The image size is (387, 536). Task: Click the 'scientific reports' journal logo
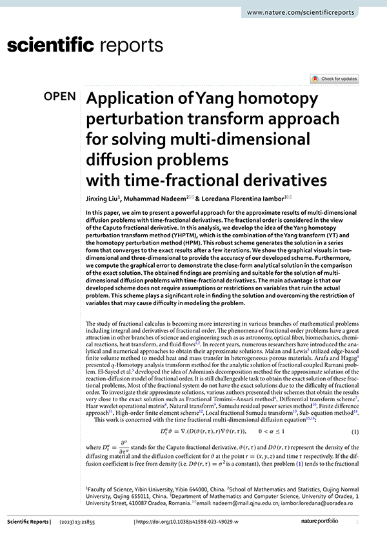pyautogui.click(x=84, y=46)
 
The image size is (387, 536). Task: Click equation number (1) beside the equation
pyautogui.click(x=355, y=430)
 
